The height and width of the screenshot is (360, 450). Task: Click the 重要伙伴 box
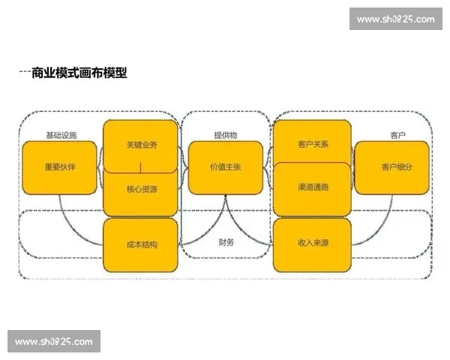(59, 167)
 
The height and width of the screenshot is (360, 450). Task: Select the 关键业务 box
(141, 145)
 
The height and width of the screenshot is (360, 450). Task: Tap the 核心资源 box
(141, 189)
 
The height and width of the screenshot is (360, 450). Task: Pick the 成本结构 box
(141, 244)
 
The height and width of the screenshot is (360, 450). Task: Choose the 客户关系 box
(312, 142)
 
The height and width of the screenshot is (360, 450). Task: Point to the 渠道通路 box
(312, 187)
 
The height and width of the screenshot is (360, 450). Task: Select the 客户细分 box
(396, 166)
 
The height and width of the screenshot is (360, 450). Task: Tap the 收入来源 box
(312, 244)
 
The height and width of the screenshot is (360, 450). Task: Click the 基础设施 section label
(61, 135)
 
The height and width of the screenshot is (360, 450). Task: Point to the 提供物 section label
(225, 135)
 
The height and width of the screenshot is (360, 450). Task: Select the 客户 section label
(397, 135)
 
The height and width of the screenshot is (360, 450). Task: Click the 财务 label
(226, 242)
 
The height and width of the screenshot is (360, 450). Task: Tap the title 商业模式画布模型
(79, 73)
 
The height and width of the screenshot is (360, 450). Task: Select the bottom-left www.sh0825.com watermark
(53, 342)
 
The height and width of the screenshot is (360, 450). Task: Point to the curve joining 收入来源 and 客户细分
(379, 225)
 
